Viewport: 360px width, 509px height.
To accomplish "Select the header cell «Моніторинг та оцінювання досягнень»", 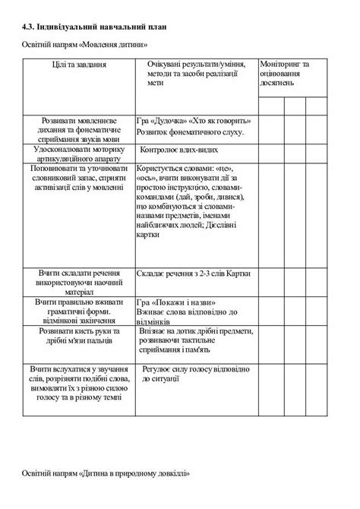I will [x=285, y=74].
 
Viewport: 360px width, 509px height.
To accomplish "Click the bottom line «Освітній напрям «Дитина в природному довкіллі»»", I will [x=105, y=473].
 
